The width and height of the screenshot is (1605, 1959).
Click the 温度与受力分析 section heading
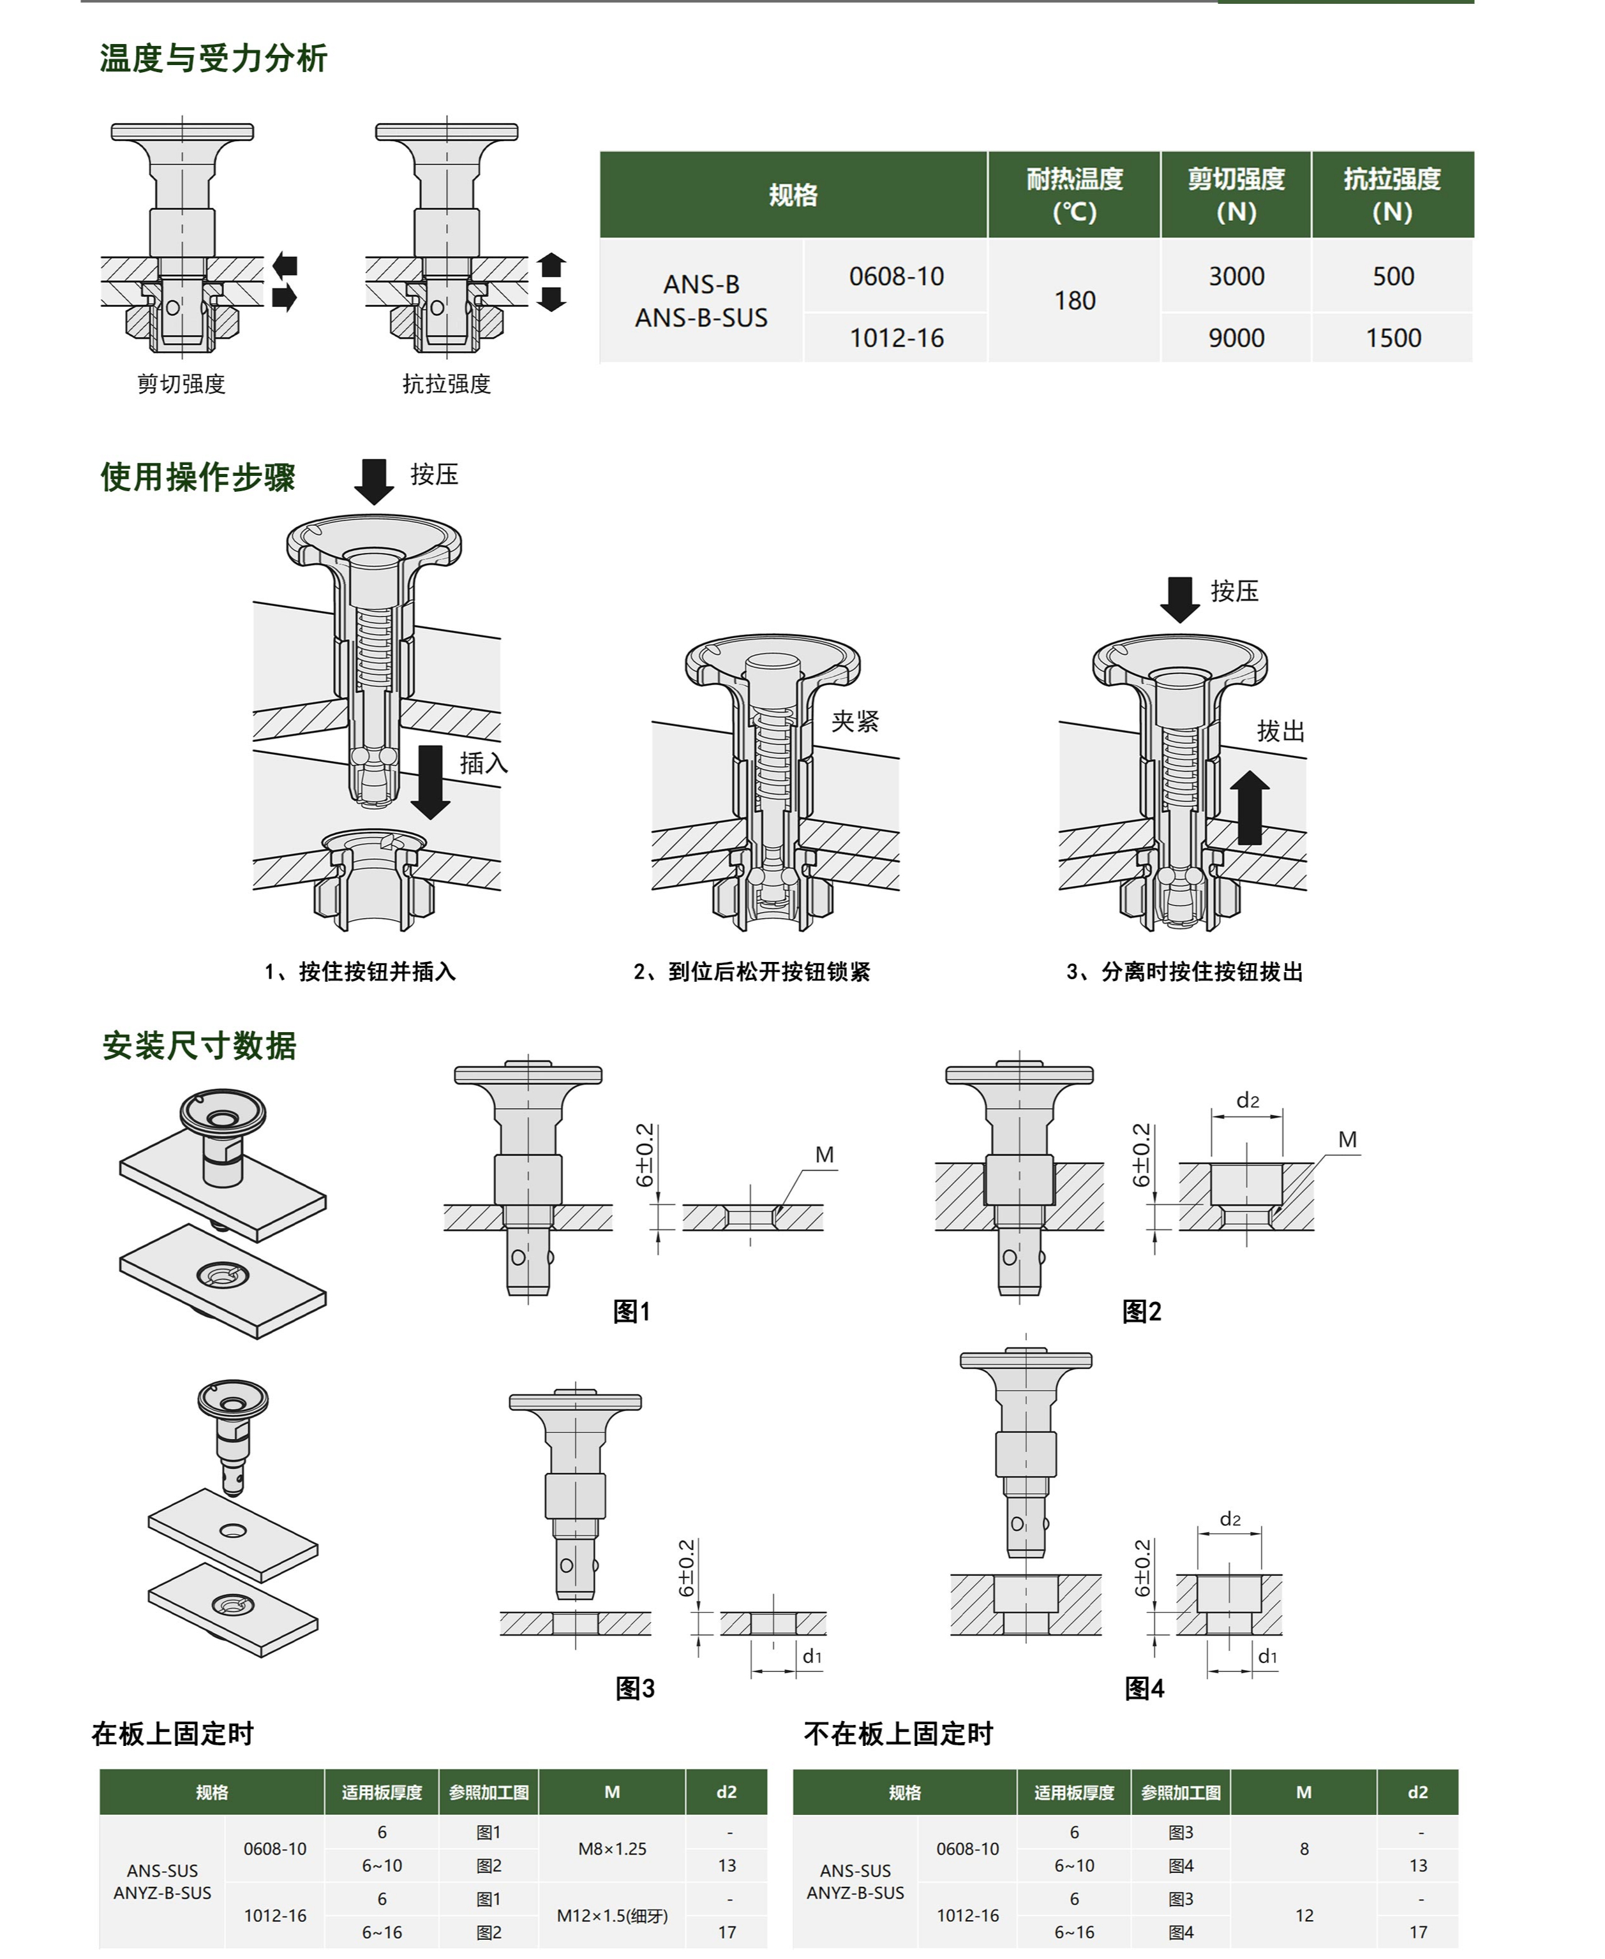pos(214,58)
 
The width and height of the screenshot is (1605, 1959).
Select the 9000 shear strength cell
pos(1235,338)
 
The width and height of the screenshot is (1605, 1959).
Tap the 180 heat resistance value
pos(1074,301)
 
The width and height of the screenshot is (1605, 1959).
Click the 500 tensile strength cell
pos(1392,276)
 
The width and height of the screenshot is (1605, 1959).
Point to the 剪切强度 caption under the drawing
pos(181,385)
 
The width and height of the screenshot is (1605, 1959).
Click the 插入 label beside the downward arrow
pos(484,764)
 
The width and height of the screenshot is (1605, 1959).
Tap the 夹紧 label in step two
pos(855,721)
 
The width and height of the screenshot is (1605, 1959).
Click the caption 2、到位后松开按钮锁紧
pos(752,972)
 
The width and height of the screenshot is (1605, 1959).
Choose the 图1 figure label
pos(632,1312)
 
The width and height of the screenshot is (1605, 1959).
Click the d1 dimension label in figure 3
pos(812,1657)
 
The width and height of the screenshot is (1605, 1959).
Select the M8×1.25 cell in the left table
pos(612,1849)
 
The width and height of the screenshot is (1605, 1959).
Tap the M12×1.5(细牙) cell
pos(612,1916)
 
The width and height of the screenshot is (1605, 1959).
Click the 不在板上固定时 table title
pos(898,1734)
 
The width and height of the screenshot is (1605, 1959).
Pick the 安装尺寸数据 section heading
pos(200,1046)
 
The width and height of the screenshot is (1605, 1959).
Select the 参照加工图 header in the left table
pos(488,1793)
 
